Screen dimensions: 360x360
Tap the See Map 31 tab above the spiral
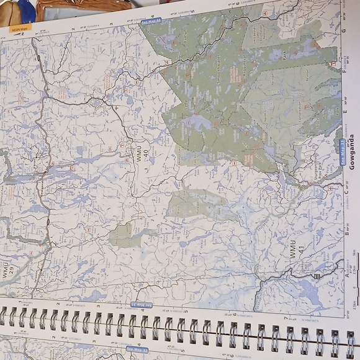point(141,305)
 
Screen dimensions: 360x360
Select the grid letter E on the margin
point(344,112)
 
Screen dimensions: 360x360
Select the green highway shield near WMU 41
point(317,275)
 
